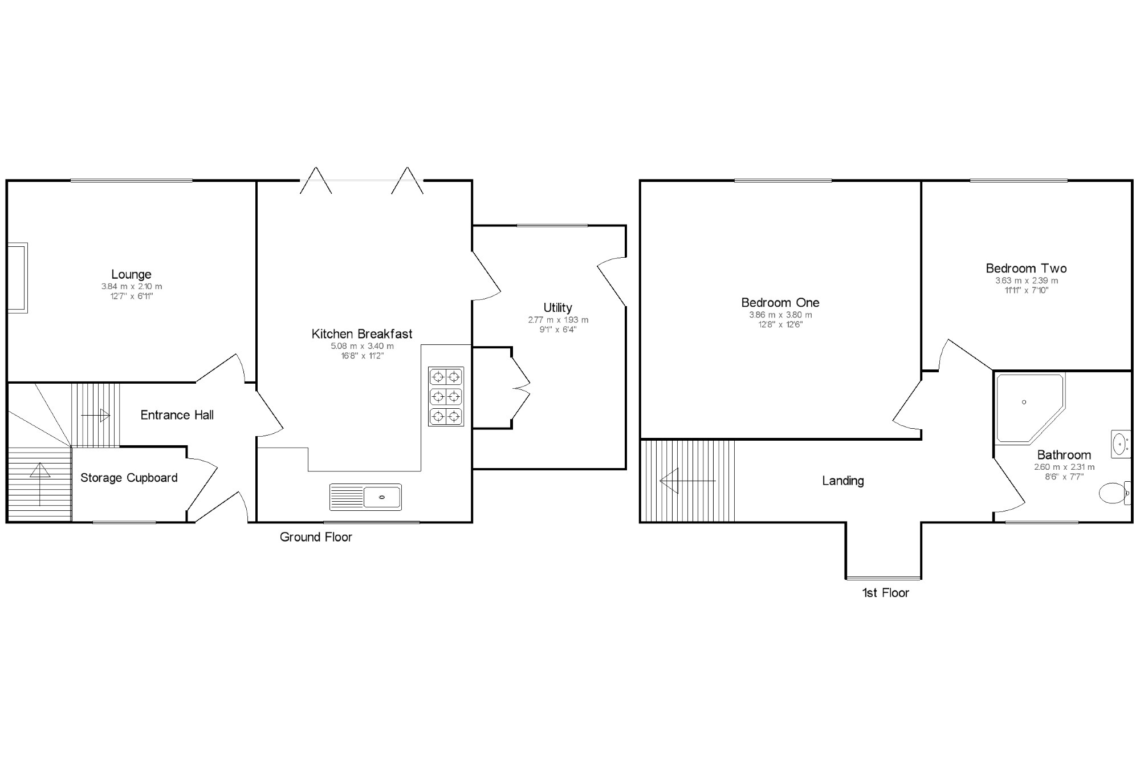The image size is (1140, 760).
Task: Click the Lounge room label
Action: coord(131,274)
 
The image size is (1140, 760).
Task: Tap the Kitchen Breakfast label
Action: coord(361,334)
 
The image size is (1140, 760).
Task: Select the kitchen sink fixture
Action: coord(365,497)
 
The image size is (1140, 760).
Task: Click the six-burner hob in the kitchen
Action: coord(446,396)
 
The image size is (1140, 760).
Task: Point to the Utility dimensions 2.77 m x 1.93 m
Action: coord(557,320)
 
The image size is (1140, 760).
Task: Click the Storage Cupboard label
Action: coord(129,478)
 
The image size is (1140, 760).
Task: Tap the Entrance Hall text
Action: coord(177,415)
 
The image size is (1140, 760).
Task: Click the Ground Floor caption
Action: coord(316,537)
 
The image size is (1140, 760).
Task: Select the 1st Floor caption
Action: coord(885,593)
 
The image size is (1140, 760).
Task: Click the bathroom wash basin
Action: coord(1120,444)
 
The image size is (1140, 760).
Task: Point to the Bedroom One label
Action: coord(780,303)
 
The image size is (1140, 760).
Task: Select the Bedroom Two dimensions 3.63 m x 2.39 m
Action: coord(1026,281)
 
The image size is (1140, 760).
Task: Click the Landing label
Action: coord(842,481)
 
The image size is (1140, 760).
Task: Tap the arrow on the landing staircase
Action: coord(686,481)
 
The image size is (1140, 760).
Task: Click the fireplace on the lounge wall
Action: coord(17,278)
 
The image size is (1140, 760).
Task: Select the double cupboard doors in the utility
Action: coord(520,388)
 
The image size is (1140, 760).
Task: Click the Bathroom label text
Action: coord(1064,455)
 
